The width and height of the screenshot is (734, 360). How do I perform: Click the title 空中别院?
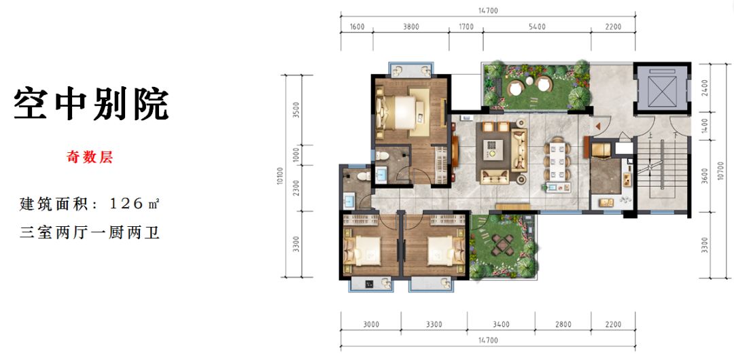tap(91, 104)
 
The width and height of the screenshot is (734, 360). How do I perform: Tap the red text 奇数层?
tap(90, 158)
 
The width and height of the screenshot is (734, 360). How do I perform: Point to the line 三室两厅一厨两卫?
tap(90, 233)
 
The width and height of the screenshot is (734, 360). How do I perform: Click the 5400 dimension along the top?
tap(537, 27)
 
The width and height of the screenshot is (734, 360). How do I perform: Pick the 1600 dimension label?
tap(357, 27)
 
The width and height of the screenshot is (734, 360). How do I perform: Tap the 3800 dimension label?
tap(411, 27)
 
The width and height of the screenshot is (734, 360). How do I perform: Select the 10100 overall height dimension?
tap(280, 176)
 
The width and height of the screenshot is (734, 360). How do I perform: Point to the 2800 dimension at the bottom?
tap(563, 325)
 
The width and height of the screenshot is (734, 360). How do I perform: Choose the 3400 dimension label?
tap(502, 325)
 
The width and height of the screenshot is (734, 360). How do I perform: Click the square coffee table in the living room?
tap(493, 146)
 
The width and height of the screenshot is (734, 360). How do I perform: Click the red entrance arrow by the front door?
tap(597, 126)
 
